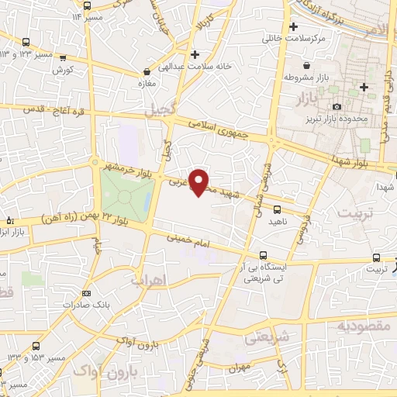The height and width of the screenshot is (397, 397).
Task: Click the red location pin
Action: coord(200,181)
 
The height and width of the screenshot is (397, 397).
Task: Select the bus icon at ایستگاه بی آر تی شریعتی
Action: coord(264,254)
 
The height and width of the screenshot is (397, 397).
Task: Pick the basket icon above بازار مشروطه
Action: coord(309,65)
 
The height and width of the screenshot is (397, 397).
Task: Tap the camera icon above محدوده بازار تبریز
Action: coord(336,106)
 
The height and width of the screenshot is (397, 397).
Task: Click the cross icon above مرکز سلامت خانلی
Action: coord(294,26)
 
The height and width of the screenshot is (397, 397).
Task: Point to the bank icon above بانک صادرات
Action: coord(86,293)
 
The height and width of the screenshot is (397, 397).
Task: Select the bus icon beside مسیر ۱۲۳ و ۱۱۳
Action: coord(26,42)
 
